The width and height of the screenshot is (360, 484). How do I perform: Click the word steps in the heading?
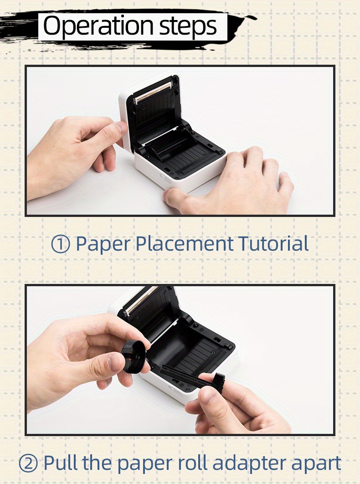pyautogui.click(x=188, y=27)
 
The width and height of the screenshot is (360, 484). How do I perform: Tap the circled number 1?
pyautogui.click(x=60, y=244)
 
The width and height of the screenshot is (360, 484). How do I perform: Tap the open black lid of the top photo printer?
pyautogui.click(x=155, y=109)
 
